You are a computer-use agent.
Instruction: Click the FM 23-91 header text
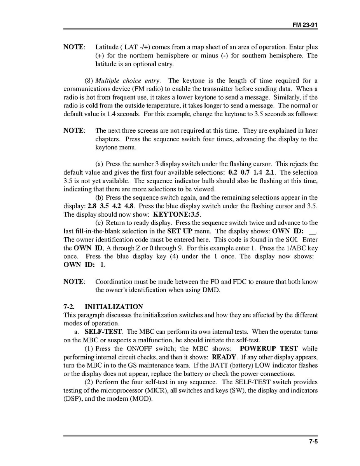pos(305,25)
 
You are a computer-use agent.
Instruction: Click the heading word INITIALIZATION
pos(114,307)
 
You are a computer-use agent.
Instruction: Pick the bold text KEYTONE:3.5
pos(177,214)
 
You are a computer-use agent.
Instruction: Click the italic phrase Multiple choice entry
pos(128,81)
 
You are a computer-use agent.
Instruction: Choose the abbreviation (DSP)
pos(72,399)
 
